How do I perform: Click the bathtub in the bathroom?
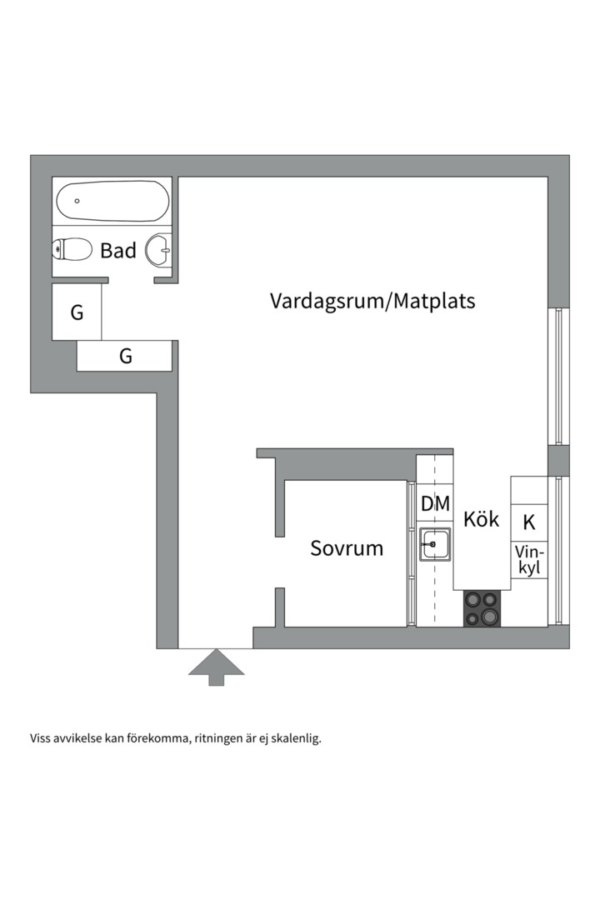tap(112, 201)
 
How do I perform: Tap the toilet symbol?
tap(72, 249)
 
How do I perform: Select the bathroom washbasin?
tap(158, 249)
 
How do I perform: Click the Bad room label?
tap(117, 250)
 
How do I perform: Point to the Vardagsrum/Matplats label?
tap(372, 301)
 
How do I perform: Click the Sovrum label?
tap(347, 548)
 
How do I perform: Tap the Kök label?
tap(481, 519)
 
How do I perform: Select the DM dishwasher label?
tap(435, 504)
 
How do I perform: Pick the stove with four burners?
tap(482, 607)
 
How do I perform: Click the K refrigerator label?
tap(529, 523)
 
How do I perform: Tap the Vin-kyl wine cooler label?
tap(529, 560)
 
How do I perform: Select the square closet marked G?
tap(77, 312)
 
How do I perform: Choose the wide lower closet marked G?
tap(125, 357)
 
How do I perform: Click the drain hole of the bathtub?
tap(77, 201)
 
